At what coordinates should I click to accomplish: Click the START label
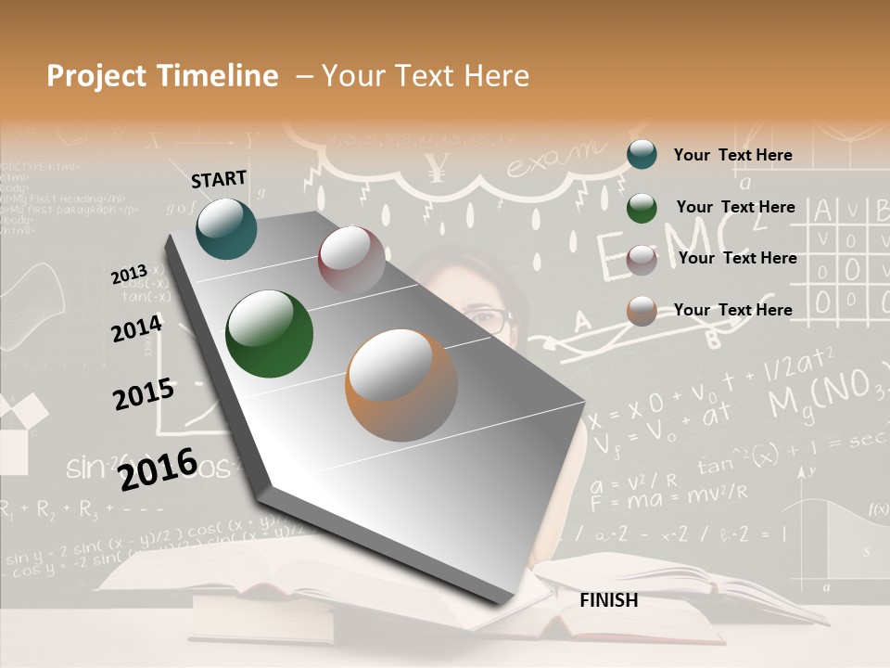point(219,178)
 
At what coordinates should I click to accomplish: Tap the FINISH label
point(608,600)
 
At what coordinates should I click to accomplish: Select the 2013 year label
point(129,274)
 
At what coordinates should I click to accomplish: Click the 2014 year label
point(136,328)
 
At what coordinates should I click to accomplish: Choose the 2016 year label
point(159,469)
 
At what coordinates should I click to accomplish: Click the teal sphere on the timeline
point(226,228)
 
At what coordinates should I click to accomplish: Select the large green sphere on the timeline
point(270,334)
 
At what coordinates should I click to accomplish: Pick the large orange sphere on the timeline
point(401,385)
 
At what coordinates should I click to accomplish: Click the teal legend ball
point(642,154)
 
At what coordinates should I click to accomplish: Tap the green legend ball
point(642,207)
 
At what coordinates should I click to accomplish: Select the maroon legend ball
point(642,259)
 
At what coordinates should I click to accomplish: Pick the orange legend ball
point(642,311)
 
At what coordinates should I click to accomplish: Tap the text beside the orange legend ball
point(732,310)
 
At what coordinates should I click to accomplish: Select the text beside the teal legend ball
point(732,155)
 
